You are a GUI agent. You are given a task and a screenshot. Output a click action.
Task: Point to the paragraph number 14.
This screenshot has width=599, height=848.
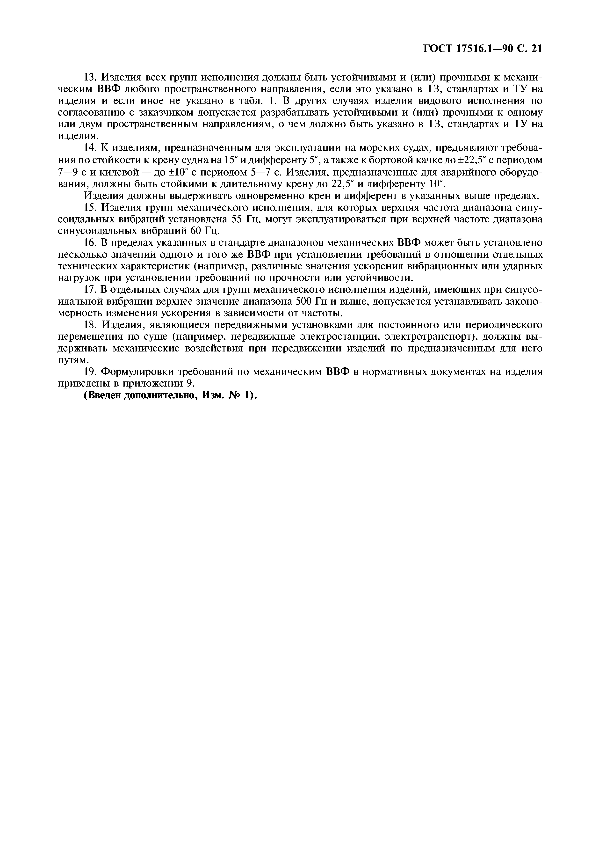90,148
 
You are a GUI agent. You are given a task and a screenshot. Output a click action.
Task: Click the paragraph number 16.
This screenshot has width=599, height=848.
90,243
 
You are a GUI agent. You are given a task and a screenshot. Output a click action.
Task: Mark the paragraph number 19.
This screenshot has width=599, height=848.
90,372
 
